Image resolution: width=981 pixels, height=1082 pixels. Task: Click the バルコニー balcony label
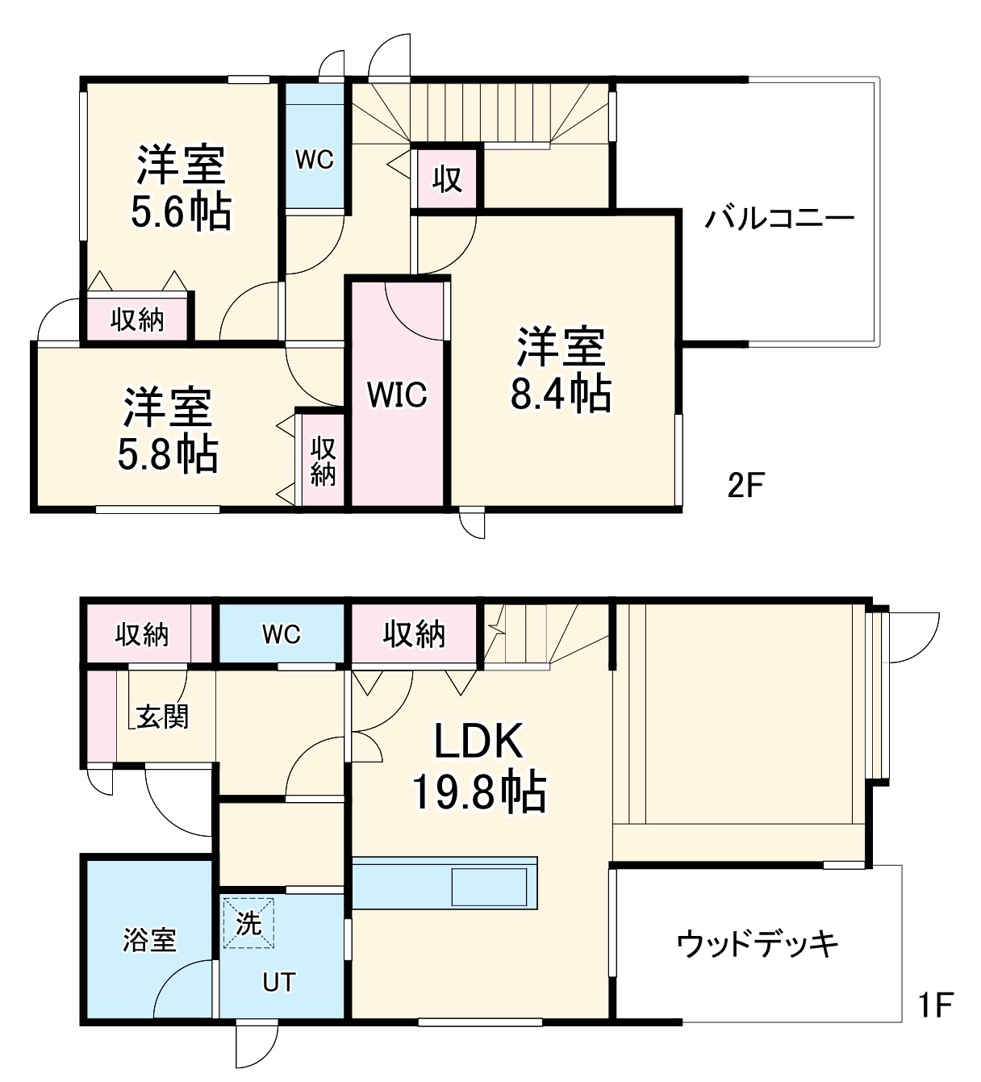pyautogui.click(x=779, y=219)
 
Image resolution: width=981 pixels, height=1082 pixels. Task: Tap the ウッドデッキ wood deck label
pyautogui.click(x=758, y=942)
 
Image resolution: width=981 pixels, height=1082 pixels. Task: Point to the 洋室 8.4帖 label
pyautogui.click(x=560, y=370)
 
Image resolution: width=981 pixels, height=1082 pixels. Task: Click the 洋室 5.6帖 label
pyautogui.click(x=181, y=188)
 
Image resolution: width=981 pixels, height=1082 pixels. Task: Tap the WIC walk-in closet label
pyautogui.click(x=397, y=395)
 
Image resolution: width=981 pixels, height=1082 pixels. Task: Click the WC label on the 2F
pyautogui.click(x=314, y=160)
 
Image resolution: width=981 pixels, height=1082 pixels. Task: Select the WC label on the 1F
pyautogui.click(x=281, y=634)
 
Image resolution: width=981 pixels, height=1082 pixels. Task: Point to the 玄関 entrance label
pyautogui.click(x=162, y=716)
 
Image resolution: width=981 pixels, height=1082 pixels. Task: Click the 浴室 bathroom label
pyautogui.click(x=149, y=940)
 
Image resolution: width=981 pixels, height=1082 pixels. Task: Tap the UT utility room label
pyautogui.click(x=279, y=982)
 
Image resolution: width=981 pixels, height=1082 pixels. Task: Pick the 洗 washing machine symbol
pyautogui.click(x=248, y=923)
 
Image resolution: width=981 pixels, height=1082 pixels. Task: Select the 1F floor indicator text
pyautogui.click(x=935, y=1005)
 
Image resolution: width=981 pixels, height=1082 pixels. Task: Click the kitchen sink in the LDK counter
pyautogui.click(x=490, y=888)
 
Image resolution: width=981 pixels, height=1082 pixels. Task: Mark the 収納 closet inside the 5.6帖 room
pyautogui.click(x=138, y=320)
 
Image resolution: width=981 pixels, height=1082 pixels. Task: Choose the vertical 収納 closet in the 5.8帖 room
pyautogui.click(x=323, y=461)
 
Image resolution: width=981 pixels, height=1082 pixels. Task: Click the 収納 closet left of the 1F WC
pyautogui.click(x=142, y=635)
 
